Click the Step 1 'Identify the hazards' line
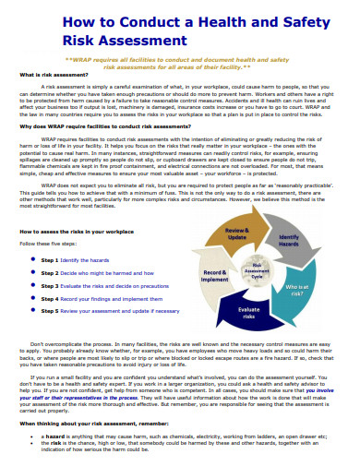coord(82,261)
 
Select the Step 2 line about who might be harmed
coord(102,274)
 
